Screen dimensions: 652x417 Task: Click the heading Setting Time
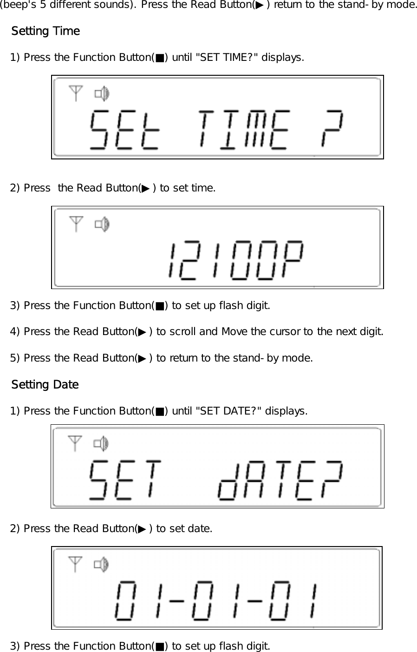point(46,31)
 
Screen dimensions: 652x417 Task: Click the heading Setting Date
point(45,385)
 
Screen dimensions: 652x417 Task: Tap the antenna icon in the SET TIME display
point(76,93)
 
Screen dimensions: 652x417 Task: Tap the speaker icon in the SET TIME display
point(102,94)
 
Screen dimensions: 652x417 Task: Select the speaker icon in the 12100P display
point(102,225)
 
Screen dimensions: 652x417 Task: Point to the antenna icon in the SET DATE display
point(75,443)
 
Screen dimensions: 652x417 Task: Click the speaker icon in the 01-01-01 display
point(101,565)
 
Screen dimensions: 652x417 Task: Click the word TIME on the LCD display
point(244,130)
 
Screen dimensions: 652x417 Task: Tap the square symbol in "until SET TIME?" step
point(160,58)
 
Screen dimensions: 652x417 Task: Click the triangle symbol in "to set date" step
point(142,529)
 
